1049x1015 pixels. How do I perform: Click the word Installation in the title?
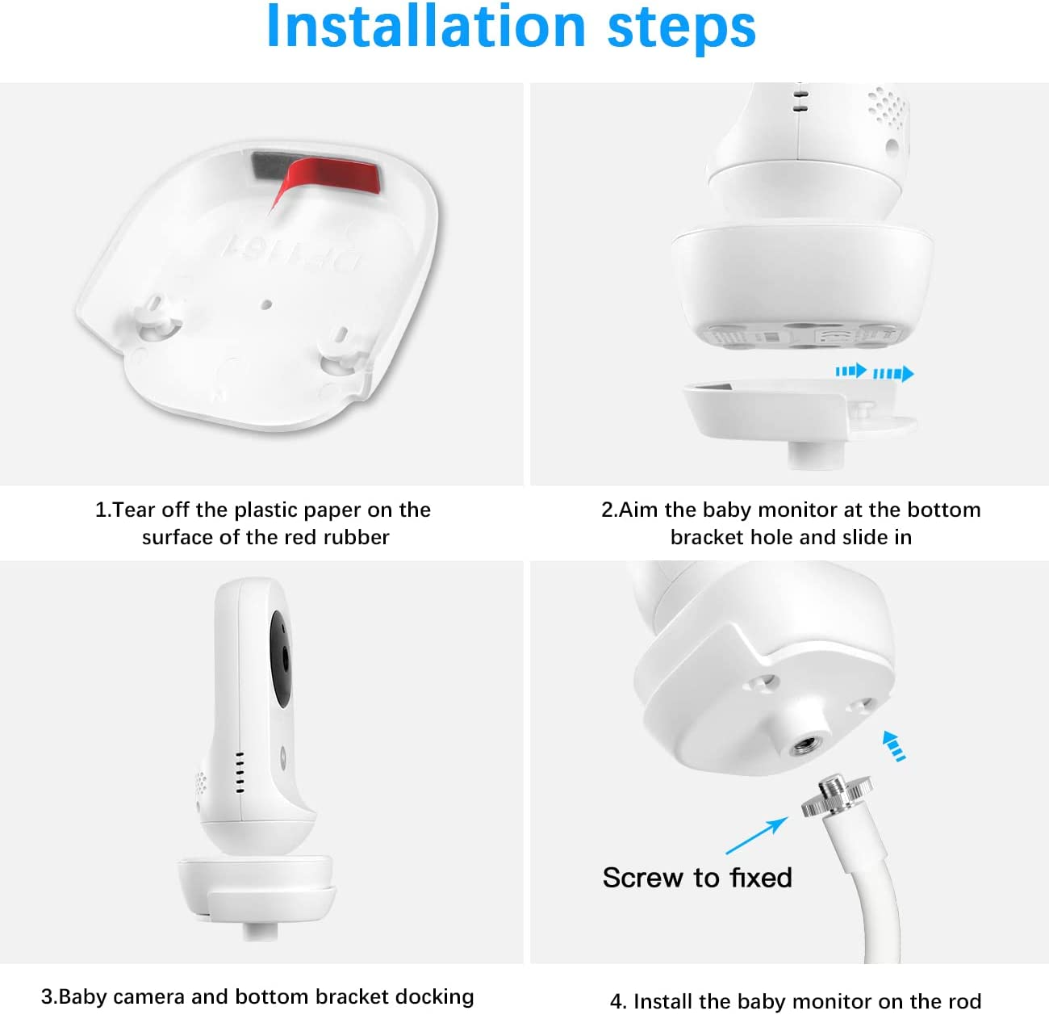(x=426, y=26)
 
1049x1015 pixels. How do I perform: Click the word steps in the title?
(x=681, y=30)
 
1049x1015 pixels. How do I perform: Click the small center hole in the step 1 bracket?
(x=265, y=304)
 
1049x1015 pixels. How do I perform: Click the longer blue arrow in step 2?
(x=893, y=373)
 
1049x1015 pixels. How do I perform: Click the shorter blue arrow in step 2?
(x=850, y=371)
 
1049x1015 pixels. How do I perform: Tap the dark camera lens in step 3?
(x=280, y=659)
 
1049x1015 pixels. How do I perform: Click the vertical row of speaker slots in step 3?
(x=240, y=773)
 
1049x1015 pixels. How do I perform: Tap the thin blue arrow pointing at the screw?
(x=756, y=836)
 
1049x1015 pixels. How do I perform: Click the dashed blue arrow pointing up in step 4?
(x=894, y=746)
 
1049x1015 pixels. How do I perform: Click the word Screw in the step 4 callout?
(x=644, y=878)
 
